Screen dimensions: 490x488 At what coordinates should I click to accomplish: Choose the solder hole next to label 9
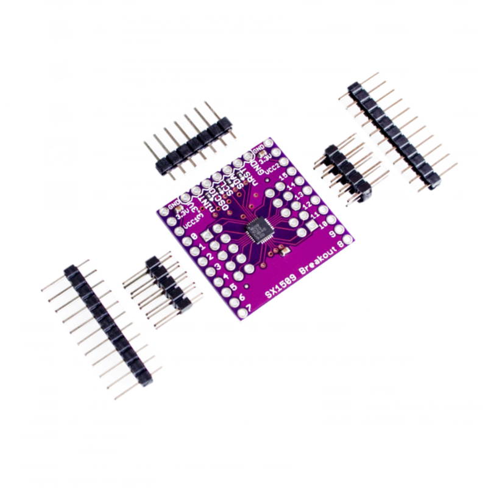339,229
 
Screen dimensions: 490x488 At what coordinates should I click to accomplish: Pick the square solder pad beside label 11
313,226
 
